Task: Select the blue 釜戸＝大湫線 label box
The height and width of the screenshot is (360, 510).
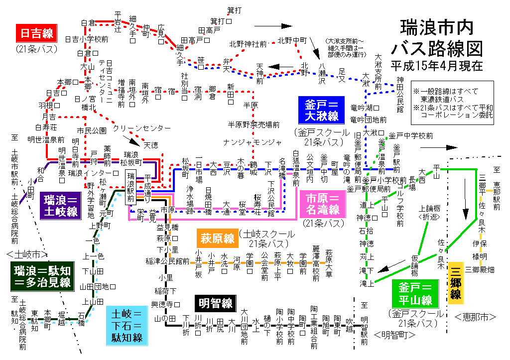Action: [322, 110]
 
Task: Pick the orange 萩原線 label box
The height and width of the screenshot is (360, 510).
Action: [218, 239]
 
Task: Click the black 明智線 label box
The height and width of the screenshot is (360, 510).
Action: [216, 303]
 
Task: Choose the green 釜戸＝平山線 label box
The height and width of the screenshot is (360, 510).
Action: [415, 294]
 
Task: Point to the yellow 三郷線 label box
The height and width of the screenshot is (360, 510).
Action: [456, 283]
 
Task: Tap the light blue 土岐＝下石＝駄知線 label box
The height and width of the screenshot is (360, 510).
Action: [127, 326]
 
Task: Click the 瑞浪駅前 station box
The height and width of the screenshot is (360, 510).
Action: [131, 187]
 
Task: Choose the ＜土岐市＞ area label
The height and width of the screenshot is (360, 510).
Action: [27, 254]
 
